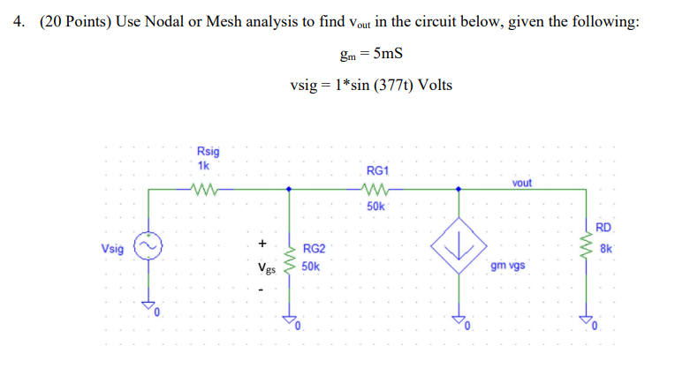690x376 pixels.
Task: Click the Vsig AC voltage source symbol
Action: click(148, 248)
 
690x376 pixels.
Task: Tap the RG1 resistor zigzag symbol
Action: click(375, 188)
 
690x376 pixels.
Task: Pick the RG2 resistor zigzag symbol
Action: click(289, 256)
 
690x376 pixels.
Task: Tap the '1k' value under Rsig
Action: click(204, 165)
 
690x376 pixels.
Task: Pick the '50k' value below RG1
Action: click(375, 206)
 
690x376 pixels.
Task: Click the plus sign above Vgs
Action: click(262, 242)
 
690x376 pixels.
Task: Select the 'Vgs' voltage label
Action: click(264, 267)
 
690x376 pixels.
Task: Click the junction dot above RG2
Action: click(289, 188)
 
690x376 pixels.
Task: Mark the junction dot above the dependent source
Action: click(457, 188)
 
